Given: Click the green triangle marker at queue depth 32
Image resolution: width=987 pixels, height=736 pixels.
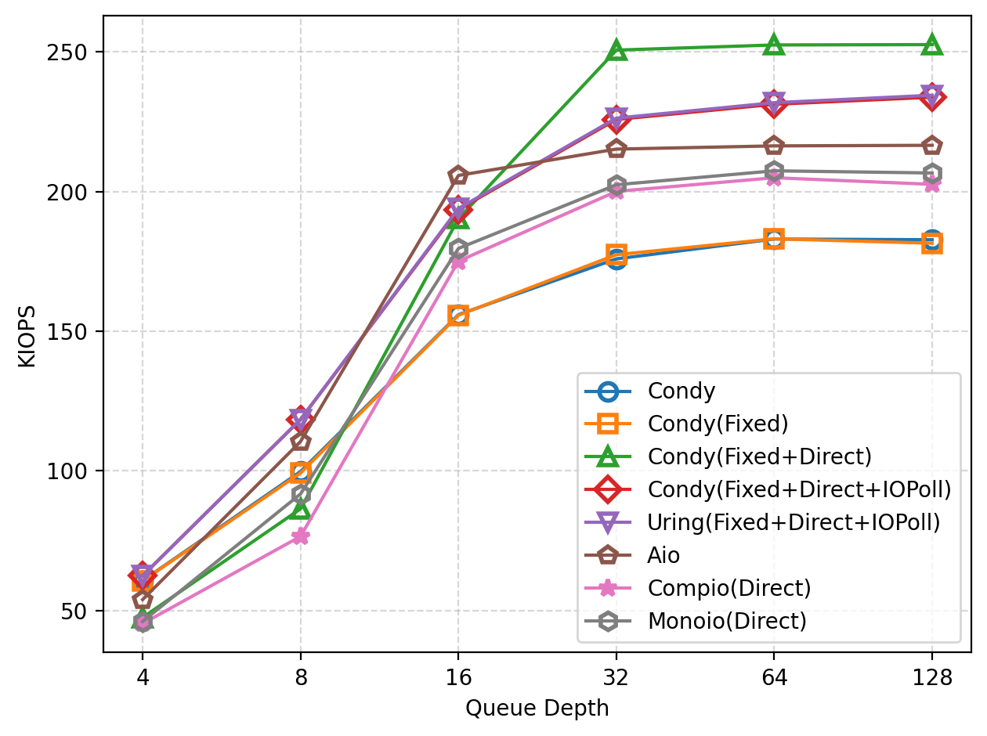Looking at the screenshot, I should coord(616,50).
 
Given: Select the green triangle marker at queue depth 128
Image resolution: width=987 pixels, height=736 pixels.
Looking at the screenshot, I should coord(931,45).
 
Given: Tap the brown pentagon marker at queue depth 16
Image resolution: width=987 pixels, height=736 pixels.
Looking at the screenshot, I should coord(458,175).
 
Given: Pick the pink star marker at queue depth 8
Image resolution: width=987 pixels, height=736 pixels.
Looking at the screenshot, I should coord(301,536).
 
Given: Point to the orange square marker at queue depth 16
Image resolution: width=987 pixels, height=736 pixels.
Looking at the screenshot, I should coord(458,316).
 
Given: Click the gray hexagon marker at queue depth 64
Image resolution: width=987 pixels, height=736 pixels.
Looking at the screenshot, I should coord(774,171).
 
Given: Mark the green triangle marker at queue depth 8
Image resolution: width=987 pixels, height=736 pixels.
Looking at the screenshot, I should coord(301,510).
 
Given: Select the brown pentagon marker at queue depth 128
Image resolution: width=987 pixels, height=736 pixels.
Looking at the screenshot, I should coord(931,146).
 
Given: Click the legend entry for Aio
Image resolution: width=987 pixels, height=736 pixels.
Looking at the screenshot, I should coord(663,555).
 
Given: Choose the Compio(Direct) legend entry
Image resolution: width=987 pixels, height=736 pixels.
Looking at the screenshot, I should coord(728,588).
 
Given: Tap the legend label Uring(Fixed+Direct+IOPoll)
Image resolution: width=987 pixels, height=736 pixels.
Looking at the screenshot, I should coord(794,522).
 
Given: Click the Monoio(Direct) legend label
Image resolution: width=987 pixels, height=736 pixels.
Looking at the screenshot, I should coord(726,621).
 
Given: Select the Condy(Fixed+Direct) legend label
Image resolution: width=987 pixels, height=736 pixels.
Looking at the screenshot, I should coord(759,456).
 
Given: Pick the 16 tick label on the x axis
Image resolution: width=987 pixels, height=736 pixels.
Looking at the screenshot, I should coord(458,676).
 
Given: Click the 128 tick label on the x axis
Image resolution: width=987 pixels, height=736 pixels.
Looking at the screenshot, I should coord(931,676).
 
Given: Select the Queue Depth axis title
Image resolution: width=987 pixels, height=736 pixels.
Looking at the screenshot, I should coord(537,709).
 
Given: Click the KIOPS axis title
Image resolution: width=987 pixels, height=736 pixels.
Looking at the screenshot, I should coord(27,334).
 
